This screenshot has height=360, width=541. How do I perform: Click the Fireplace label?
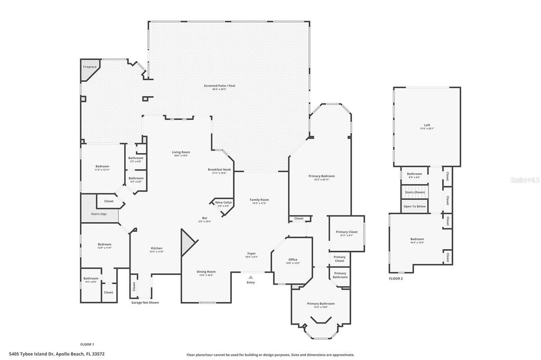pos(90,67)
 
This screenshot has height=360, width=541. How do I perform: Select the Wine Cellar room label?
pos(223,202)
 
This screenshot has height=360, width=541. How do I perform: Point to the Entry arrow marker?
pos(250,276)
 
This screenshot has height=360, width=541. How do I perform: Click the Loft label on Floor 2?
pos(427,126)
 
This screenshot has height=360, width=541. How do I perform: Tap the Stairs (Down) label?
pos(415,193)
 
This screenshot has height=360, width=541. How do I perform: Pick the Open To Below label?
pos(415,206)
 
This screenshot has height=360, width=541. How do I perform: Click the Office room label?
pos(293,260)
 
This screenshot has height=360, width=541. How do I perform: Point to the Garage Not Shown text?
pos(145,302)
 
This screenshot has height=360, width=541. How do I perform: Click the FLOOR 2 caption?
pos(396,278)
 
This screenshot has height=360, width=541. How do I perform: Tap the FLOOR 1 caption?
pos(87,344)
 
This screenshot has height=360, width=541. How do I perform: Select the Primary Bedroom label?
pos(322,176)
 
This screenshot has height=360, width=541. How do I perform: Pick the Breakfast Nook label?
pos(219,169)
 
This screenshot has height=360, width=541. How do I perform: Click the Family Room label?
pos(259,200)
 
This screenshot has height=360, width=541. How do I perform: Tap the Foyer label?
pos(251,253)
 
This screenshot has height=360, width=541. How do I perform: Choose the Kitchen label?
pos(156,248)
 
